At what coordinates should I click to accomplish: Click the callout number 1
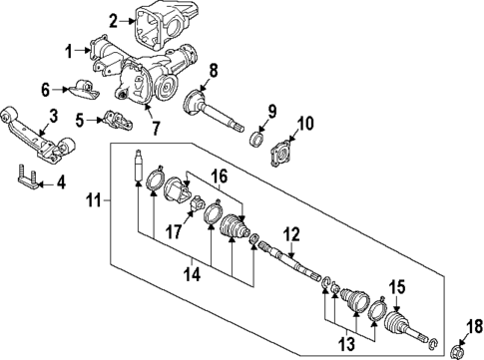70,50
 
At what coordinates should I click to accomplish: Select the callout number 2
113,19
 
